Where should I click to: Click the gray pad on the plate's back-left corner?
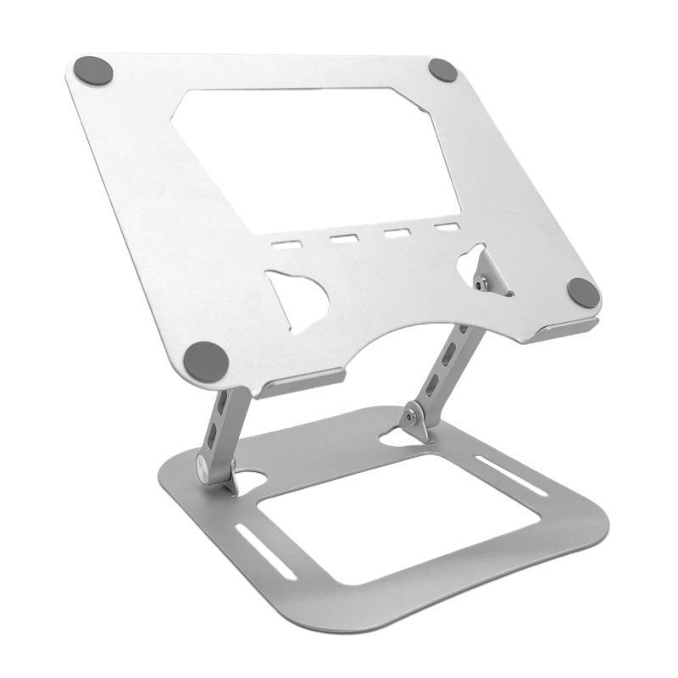(93, 70)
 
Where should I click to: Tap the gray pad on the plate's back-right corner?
(442, 70)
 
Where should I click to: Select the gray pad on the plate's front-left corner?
(206, 362)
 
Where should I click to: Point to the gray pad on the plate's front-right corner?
(583, 293)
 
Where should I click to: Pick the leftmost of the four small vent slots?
(286, 244)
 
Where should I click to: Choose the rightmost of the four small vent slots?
(446, 227)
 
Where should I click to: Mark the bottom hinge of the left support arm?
(207, 465)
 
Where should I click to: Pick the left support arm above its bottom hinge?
(222, 424)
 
